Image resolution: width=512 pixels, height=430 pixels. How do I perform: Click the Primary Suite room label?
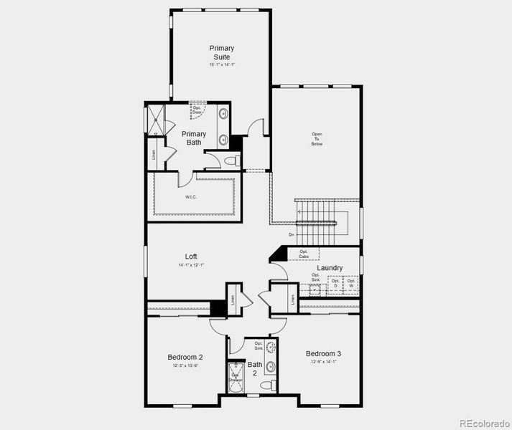(x=222, y=52)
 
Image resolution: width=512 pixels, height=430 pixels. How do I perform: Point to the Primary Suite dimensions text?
(x=222, y=64)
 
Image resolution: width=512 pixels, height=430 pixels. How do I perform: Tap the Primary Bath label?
(x=193, y=138)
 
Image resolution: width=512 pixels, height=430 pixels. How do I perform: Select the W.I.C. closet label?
(x=191, y=197)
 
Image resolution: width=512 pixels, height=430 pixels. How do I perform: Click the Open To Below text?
(x=317, y=139)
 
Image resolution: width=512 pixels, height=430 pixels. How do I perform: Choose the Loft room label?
(x=191, y=256)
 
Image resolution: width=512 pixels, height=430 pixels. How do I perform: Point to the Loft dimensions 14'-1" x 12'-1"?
(x=191, y=265)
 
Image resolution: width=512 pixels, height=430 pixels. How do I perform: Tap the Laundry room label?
(x=330, y=268)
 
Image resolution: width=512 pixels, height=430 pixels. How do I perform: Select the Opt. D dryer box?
(x=335, y=283)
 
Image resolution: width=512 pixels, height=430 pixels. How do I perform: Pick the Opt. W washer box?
(x=350, y=283)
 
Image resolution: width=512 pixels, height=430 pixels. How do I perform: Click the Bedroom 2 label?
(x=185, y=357)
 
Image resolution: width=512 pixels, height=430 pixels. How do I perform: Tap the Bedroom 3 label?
(x=323, y=353)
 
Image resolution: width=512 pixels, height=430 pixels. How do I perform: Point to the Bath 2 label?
(x=254, y=368)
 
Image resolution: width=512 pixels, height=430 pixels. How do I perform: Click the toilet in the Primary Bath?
(x=230, y=161)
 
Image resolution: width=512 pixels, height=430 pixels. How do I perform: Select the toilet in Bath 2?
(x=267, y=386)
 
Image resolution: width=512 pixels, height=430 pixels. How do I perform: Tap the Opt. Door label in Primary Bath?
(x=197, y=110)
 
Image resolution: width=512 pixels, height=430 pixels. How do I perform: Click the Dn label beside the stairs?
(x=292, y=234)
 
